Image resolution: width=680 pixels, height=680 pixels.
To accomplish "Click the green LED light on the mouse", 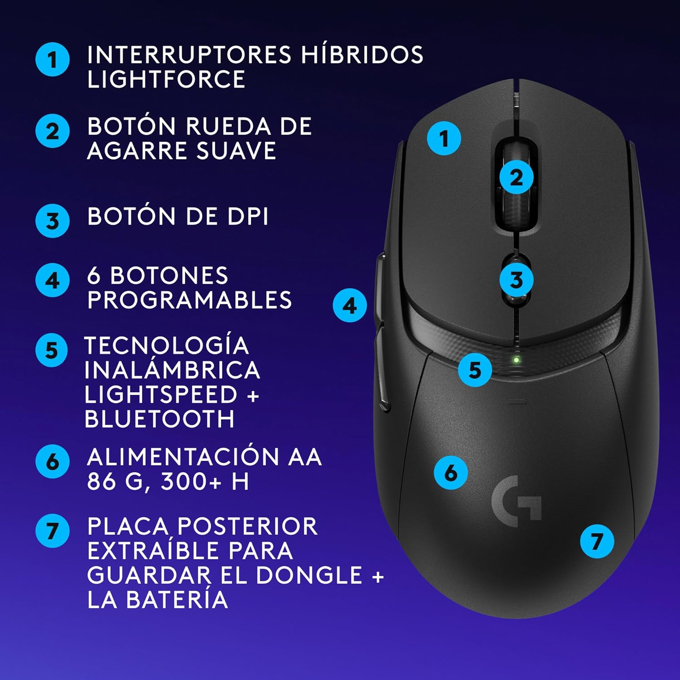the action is pyautogui.click(x=516, y=360).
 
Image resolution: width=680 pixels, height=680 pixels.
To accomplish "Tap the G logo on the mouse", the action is pyautogui.click(x=516, y=501).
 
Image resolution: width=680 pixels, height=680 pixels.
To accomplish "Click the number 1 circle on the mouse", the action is pyautogui.click(x=444, y=138).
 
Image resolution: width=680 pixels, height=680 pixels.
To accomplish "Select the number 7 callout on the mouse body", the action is pyautogui.click(x=597, y=541).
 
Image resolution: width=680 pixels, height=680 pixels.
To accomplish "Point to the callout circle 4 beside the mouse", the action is pyautogui.click(x=350, y=306).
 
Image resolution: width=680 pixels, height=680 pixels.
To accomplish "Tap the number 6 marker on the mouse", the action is pyautogui.click(x=451, y=473).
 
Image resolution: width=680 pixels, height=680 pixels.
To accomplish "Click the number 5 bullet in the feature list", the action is pyautogui.click(x=52, y=350).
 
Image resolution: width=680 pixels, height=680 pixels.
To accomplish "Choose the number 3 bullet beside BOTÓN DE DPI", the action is pyautogui.click(x=52, y=221).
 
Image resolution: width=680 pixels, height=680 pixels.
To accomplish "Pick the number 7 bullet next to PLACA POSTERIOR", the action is pyautogui.click(x=52, y=530).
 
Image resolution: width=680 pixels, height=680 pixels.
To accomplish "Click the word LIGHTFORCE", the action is pyautogui.click(x=166, y=79).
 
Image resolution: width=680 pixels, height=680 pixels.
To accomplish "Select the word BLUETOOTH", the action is pyautogui.click(x=160, y=419).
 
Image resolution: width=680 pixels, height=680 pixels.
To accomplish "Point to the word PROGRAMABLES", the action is pyautogui.click(x=189, y=300).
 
